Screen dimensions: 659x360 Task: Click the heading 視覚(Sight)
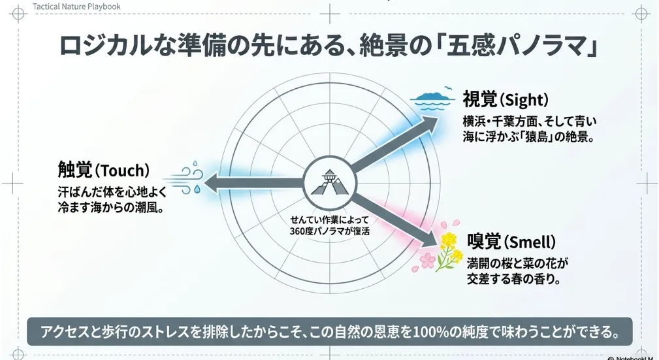pos(506,100)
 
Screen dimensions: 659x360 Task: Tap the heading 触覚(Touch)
pos(104,171)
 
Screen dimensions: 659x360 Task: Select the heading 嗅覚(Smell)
pos(511,242)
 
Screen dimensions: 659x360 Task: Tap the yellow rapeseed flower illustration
pos(448,250)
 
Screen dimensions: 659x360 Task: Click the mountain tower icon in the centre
pos(329,182)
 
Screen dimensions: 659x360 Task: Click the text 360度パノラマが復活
pos(329,231)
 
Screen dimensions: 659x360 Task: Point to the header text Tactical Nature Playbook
pos(76,7)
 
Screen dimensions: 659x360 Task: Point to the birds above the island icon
pos(448,88)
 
